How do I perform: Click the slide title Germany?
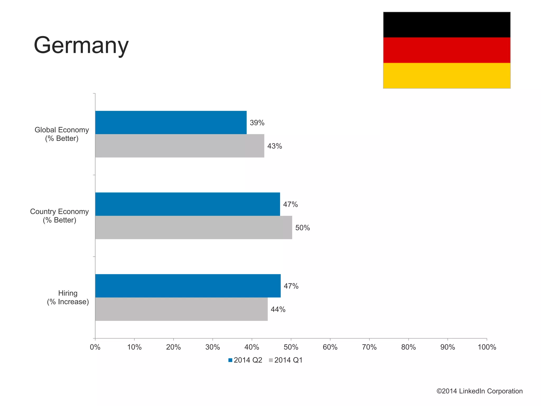point(81,45)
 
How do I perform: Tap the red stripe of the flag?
point(446,50)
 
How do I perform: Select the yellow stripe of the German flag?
point(446,76)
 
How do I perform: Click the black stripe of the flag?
point(446,25)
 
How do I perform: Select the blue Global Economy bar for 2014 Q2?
point(171,123)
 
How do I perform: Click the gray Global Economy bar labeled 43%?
point(180,146)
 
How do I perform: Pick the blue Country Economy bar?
point(188,204)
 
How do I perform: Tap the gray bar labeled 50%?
point(194,227)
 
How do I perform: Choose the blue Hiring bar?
point(188,286)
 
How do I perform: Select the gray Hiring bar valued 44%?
point(181,309)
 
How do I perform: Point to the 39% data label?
point(257,123)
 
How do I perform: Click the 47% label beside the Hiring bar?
point(291,286)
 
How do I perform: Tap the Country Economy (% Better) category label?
point(59,216)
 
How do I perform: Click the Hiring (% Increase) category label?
point(68,297)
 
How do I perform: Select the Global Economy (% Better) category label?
point(62,134)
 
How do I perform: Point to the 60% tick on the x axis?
point(330,347)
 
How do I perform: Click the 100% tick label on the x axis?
point(487,347)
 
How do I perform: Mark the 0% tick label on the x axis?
point(95,347)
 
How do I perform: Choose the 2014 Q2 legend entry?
point(245,360)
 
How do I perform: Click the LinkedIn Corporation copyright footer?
point(479,391)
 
